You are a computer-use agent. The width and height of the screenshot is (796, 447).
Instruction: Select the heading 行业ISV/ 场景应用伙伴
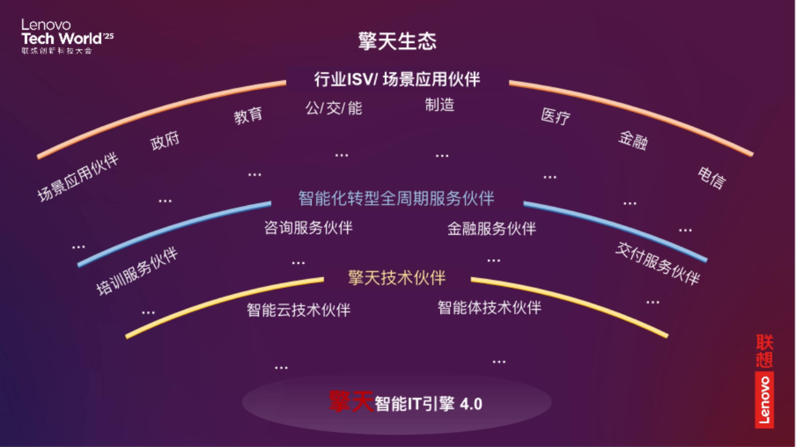[397, 79]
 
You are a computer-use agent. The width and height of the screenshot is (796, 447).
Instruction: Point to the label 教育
[248, 116]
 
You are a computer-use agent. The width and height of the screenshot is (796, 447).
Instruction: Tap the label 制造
[440, 105]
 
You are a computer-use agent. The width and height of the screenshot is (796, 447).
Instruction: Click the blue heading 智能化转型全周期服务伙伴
[396, 198]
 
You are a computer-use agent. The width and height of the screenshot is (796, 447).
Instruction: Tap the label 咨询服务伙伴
[308, 228]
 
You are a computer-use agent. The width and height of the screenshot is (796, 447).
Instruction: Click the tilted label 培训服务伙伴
[137, 271]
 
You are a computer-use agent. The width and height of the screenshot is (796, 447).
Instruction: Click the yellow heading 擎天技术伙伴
[397, 278]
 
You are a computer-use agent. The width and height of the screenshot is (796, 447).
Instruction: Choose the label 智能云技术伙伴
[298, 310]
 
